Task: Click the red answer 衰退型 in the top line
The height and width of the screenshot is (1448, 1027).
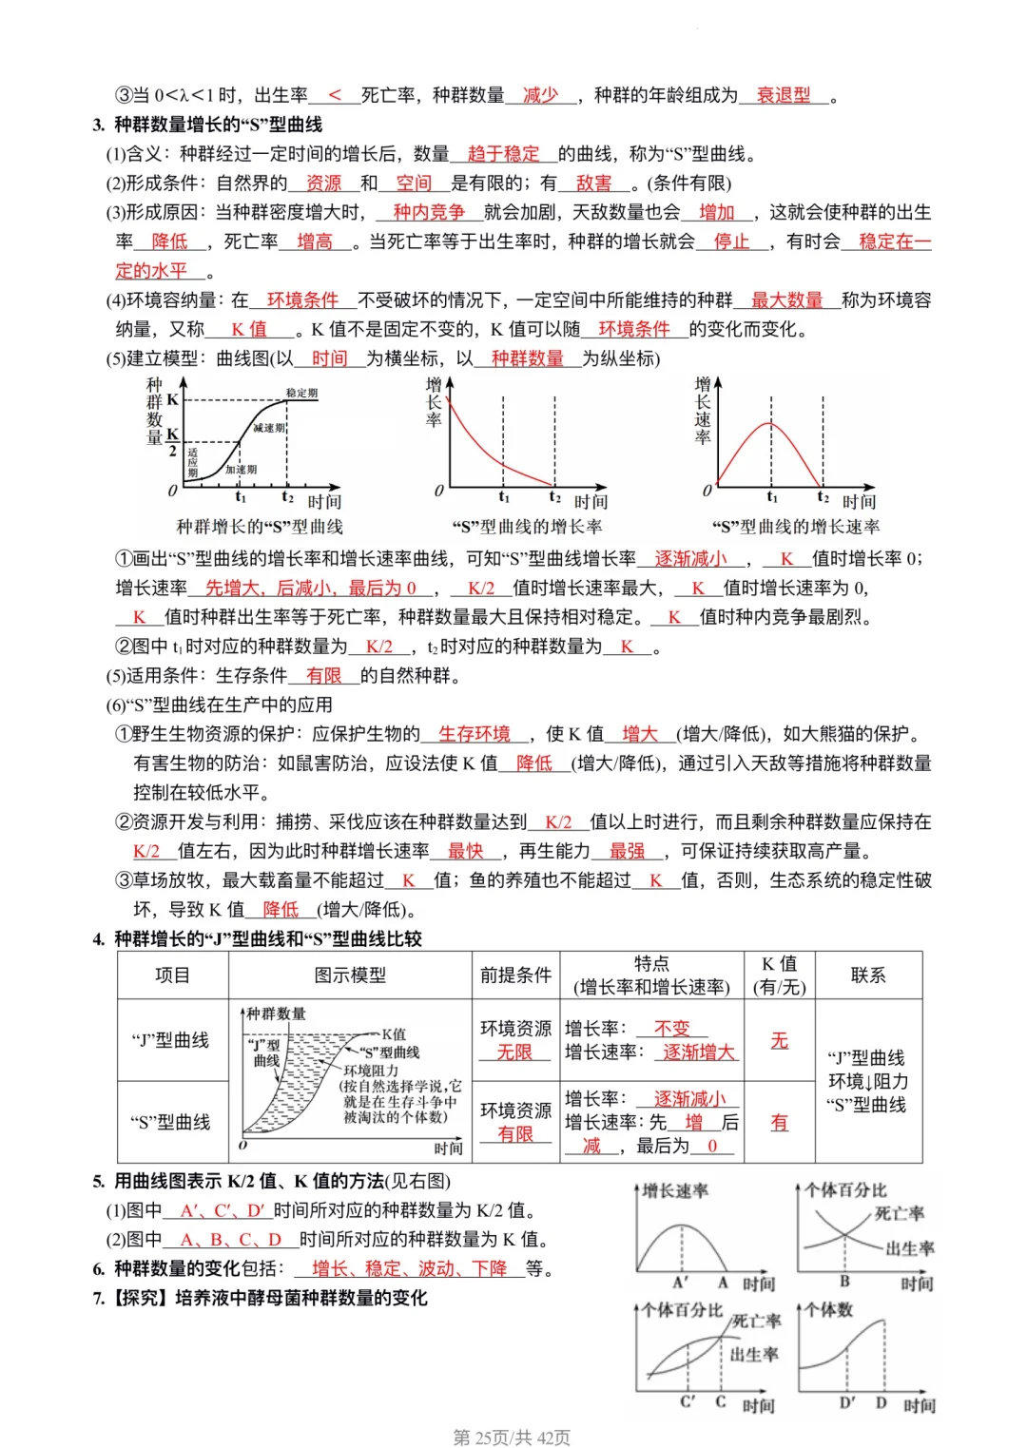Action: pos(784,95)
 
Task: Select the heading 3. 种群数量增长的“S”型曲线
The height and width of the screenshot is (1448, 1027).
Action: pos(207,125)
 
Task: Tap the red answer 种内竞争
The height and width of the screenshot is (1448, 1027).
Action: pos(429,212)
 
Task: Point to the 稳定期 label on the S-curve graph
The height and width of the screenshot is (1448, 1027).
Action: pos(302,393)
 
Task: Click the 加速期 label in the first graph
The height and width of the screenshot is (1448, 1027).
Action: pos(241,469)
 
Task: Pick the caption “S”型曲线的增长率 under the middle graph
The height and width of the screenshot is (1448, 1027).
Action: pos(526,527)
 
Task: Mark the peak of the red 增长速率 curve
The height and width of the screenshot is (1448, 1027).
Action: pos(770,423)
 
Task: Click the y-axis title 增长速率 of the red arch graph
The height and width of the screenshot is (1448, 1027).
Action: pos(703,411)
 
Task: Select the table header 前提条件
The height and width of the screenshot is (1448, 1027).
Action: pos(515,975)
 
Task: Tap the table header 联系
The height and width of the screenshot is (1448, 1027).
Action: pos(867,975)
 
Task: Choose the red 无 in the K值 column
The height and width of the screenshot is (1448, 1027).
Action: pos(780,1040)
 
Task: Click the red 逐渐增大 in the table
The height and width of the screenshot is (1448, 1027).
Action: pos(698,1052)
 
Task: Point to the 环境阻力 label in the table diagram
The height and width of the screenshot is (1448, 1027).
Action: pos(371,1071)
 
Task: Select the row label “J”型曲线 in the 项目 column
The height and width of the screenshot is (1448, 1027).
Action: pos(170,1040)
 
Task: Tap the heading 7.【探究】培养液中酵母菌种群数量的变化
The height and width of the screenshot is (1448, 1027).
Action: pos(261,1298)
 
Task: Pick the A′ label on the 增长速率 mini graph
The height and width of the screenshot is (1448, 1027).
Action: pos(681,1283)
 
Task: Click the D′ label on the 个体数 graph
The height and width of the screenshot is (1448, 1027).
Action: pos(846,1403)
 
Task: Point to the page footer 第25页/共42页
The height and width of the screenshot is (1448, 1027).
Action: pos(512,1437)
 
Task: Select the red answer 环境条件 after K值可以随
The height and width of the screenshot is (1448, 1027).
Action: pos(634,329)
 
